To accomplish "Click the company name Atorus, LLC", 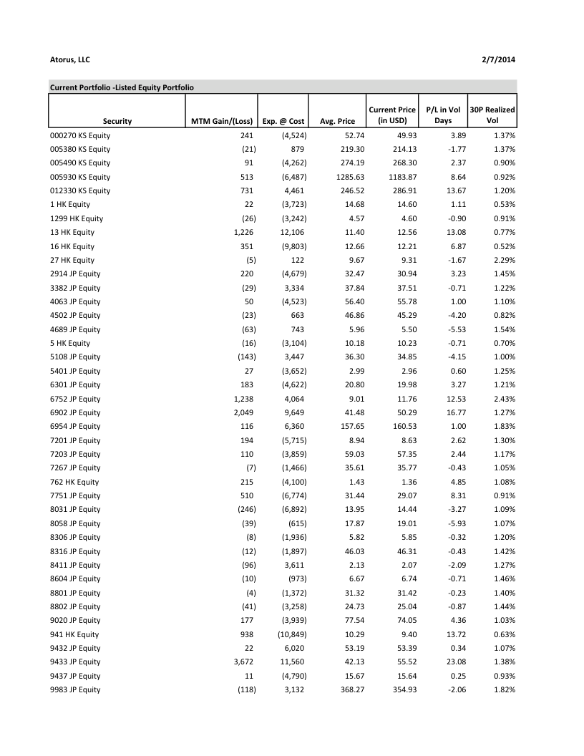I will tap(69, 59).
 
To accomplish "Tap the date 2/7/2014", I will tap(499, 59).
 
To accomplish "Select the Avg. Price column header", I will tap(337, 121).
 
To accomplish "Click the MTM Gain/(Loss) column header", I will tap(222, 121).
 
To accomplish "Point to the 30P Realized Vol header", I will tap(492, 115).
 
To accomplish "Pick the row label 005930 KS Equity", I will tap(80, 177).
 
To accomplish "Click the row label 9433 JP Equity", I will tap(75, 661).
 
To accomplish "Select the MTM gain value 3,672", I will tap(244, 661).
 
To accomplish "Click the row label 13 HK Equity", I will tap(72, 232).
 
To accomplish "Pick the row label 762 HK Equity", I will tap(74, 482).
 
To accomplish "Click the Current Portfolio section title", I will tap(122, 87).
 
